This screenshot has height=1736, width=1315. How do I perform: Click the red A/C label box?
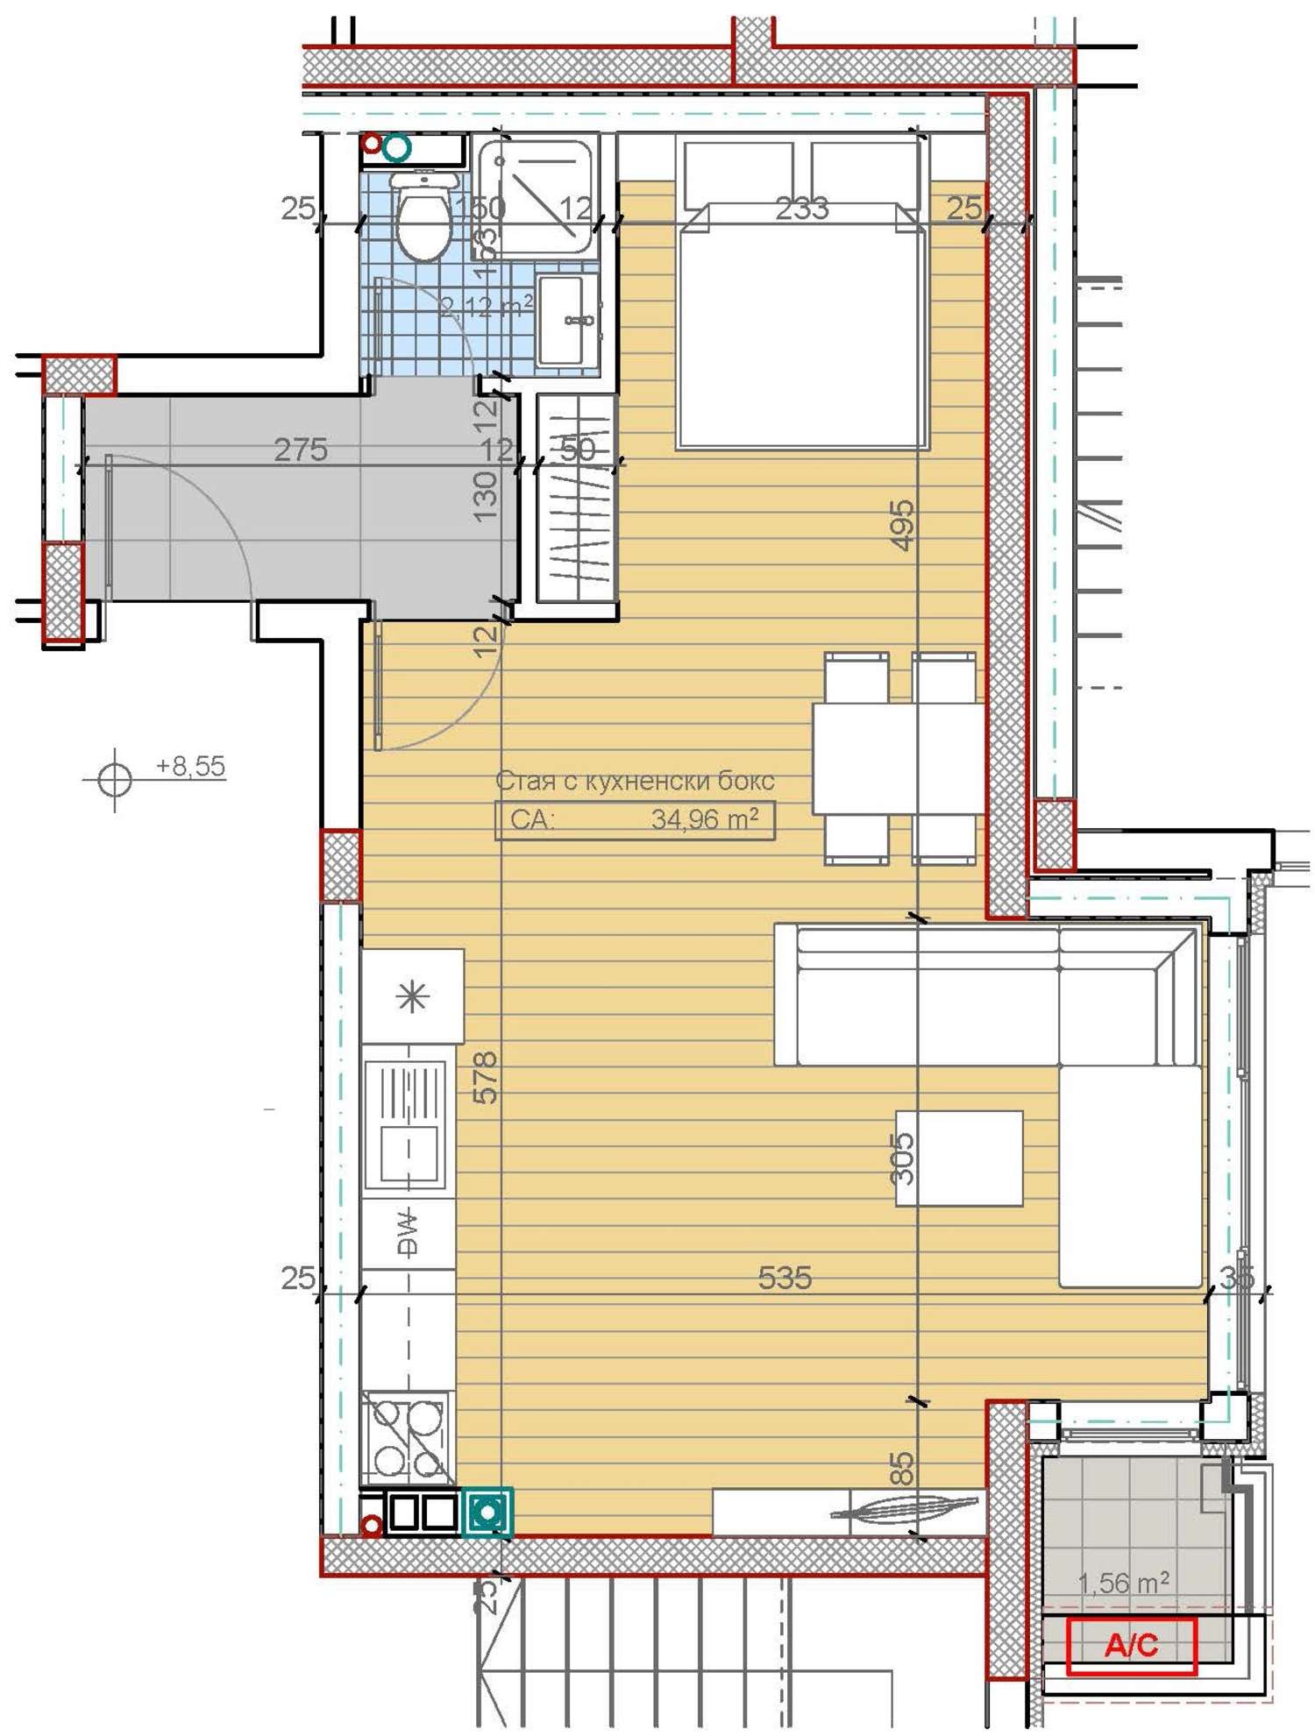click(x=1131, y=1645)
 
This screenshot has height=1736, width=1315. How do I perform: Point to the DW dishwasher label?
click(x=408, y=1232)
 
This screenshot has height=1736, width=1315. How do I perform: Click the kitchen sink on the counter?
click(x=406, y=1125)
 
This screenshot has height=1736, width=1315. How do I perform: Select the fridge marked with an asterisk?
click(x=412, y=996)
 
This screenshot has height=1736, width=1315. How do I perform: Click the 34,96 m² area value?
click(x=704, y=819)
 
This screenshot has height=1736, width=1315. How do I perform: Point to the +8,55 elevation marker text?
click(x=190, y=767)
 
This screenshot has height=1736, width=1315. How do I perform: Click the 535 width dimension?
click(x=784, y=1278)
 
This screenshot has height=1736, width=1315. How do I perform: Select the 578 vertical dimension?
click(x=485, y=1077)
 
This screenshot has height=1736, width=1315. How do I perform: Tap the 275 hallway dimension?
click(x=301, y=450)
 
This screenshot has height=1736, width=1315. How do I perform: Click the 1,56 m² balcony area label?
click(x=1122, y=1583)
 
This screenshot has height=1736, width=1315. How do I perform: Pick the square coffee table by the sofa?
click(x=959, y=1158)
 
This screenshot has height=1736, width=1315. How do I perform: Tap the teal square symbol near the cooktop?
click(x=487, y=1512)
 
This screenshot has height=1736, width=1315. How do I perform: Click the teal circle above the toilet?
click(x=397, y=147)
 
